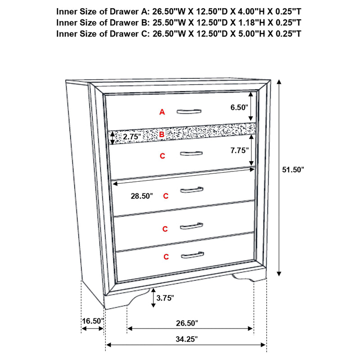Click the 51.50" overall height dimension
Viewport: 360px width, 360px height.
293,169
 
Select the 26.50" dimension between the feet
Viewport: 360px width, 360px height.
186,323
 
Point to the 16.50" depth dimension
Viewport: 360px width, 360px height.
93,321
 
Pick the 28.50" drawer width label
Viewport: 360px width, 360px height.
141,196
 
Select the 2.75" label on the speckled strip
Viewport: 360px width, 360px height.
132,136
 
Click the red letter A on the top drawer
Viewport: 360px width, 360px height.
162,112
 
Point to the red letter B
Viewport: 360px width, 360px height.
162,134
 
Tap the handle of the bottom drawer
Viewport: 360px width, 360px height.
193,256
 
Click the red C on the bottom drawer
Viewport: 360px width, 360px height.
166,257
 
